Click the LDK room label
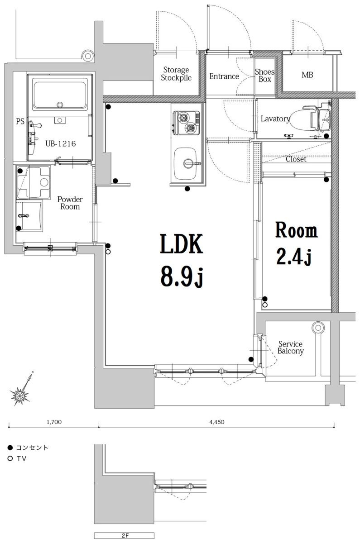(180, 245)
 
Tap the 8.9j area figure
(180, 276)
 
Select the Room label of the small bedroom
(297, 231)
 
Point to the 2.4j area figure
(293, 257)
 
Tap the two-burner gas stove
(186, 123)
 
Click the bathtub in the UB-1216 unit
(60, 94)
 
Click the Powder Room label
(69, 203)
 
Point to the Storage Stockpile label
(176, 74)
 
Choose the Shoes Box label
(264, 76)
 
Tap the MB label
(307, 75)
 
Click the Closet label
(296, 159)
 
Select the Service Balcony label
(290, 348)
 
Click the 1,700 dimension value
(54, 422)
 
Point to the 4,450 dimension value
(217, 422)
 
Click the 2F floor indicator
(125, 536)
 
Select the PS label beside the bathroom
(20, 122)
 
